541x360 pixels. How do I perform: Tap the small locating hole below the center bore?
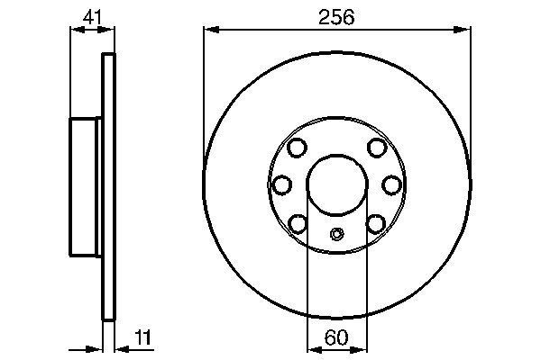click(x=337, y=235)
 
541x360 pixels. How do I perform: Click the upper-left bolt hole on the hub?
click(x=298, y=148)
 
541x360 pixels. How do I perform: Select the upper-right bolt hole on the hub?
click(x=377, y=148)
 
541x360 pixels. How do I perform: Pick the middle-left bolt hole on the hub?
click(x=282, y=184)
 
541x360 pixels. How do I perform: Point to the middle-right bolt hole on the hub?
click(x=393, y=184)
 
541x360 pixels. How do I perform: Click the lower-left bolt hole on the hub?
click(x=298, y=221)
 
